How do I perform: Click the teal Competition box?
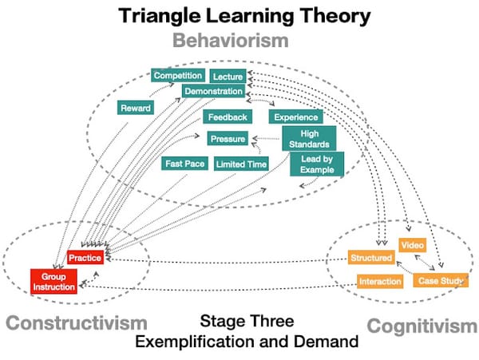coord(178,76)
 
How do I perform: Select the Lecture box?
coord(228,77)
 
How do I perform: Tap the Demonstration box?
coord(213,92)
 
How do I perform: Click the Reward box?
coord(135,108)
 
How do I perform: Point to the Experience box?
coord(296,117)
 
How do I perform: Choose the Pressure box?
coord(228,139)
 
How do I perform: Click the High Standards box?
coord(309,139)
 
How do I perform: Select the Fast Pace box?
coord(185,164)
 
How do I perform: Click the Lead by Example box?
coord(317,164)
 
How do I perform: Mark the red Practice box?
coord(85,258)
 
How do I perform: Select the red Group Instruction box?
coord(54,280)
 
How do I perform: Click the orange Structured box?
coord(371,258)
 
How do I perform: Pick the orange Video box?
coord(413,244)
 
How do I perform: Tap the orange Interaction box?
coord(379,282)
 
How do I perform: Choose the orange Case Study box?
coord(441,281)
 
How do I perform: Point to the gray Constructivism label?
coord(77,323)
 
